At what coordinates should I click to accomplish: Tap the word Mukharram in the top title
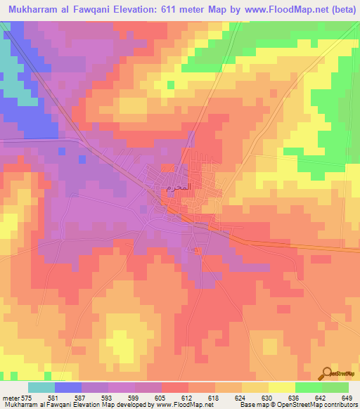pos(36,11)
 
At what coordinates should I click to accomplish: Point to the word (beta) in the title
pos(338,11)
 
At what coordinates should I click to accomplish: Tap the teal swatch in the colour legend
pos(41,387)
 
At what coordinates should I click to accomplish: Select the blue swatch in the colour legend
pos(68,387)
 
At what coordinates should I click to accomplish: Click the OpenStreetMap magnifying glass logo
pos(326,373)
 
